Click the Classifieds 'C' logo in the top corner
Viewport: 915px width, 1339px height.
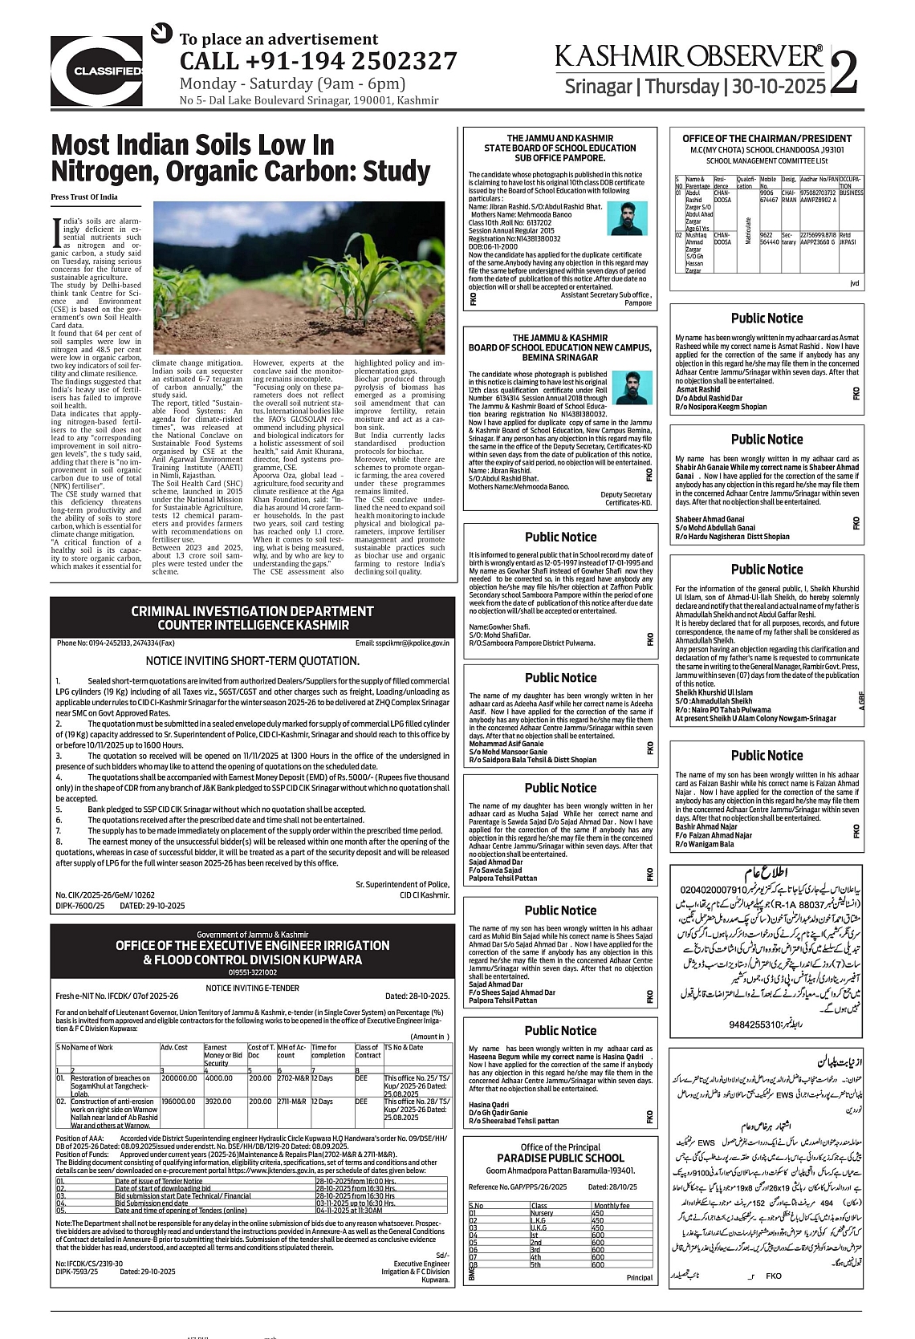point(97,71)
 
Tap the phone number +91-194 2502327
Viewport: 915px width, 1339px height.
point(318,61)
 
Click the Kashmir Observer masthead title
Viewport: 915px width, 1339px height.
point(689,55)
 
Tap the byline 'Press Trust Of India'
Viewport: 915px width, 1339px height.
point(84,197)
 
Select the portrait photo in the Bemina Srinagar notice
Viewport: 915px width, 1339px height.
point(632,387)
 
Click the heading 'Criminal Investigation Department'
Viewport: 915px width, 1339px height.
point(252,611)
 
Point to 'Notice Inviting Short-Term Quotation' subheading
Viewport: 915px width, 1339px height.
point(252,661)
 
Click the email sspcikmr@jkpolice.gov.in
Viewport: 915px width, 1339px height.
point(402,643)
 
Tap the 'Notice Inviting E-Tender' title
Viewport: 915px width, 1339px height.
point(252,988)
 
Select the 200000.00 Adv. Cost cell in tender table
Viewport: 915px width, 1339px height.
point(179,1078)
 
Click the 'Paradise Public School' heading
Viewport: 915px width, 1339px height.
point(560,1158)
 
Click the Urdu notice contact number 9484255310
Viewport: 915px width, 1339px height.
point(754,1025)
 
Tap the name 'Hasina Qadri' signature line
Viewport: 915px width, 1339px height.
point(490,1105)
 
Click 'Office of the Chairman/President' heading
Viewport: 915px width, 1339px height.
point(767,139)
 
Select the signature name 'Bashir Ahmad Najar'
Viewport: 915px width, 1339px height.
point(706,826)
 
